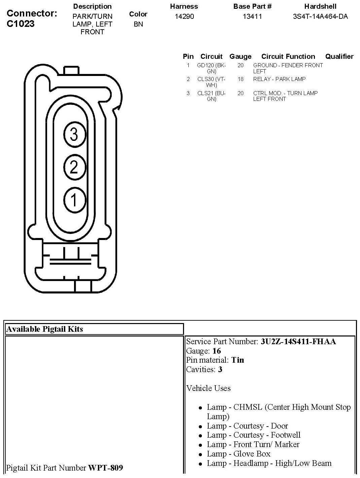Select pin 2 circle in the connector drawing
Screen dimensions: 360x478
[74, 167]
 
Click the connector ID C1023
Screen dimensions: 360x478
[21, 24]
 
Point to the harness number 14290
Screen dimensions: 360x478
[184, 16]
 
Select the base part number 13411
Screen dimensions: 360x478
[252, 16]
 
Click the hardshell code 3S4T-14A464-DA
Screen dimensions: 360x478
[320, 16]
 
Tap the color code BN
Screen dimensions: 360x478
[138, 24]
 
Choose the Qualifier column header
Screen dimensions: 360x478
[339, 56]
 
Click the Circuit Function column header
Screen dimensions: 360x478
[288, 56]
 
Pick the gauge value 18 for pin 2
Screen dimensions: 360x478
[240, 79]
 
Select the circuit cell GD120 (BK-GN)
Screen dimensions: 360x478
[211, 68]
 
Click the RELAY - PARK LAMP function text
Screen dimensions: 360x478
[279, 79]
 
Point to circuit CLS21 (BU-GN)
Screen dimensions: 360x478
[211, 96]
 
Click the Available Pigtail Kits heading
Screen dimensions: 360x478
[44, 329]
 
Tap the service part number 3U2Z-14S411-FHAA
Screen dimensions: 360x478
[298, 342]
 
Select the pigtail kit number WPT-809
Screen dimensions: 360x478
[105, 468]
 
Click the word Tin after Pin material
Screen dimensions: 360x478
[238, 360]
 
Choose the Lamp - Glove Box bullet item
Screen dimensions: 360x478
[239, 454]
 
